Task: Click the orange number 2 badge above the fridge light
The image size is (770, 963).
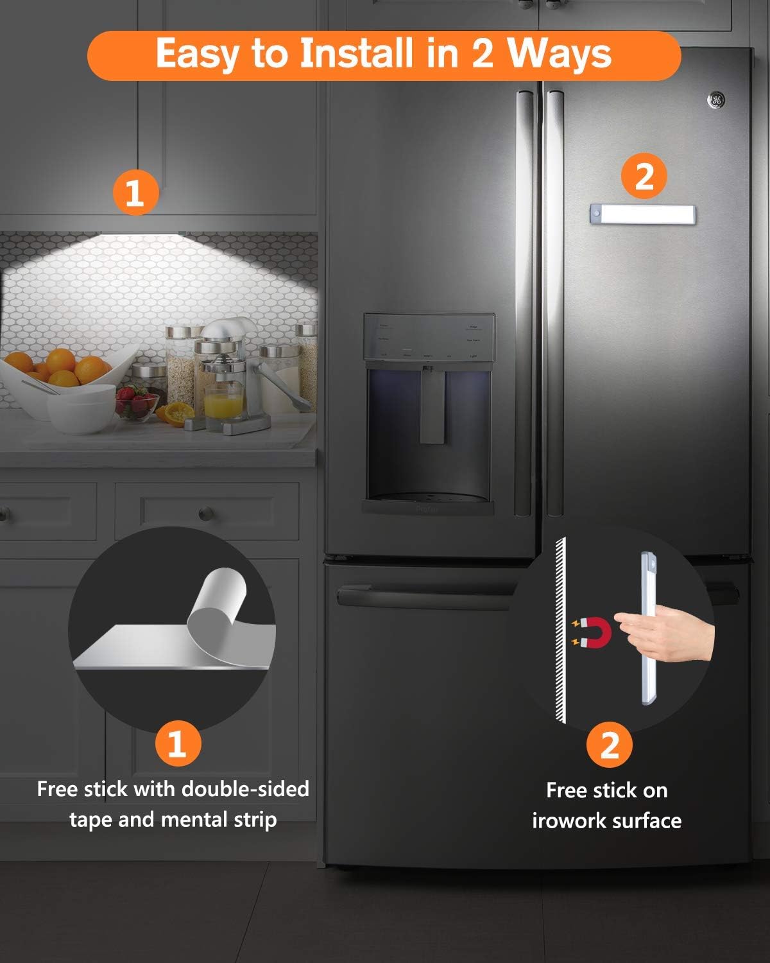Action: (644, 176)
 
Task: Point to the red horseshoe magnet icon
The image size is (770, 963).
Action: (588, 632)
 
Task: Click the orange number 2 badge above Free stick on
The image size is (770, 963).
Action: (609, 745)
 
